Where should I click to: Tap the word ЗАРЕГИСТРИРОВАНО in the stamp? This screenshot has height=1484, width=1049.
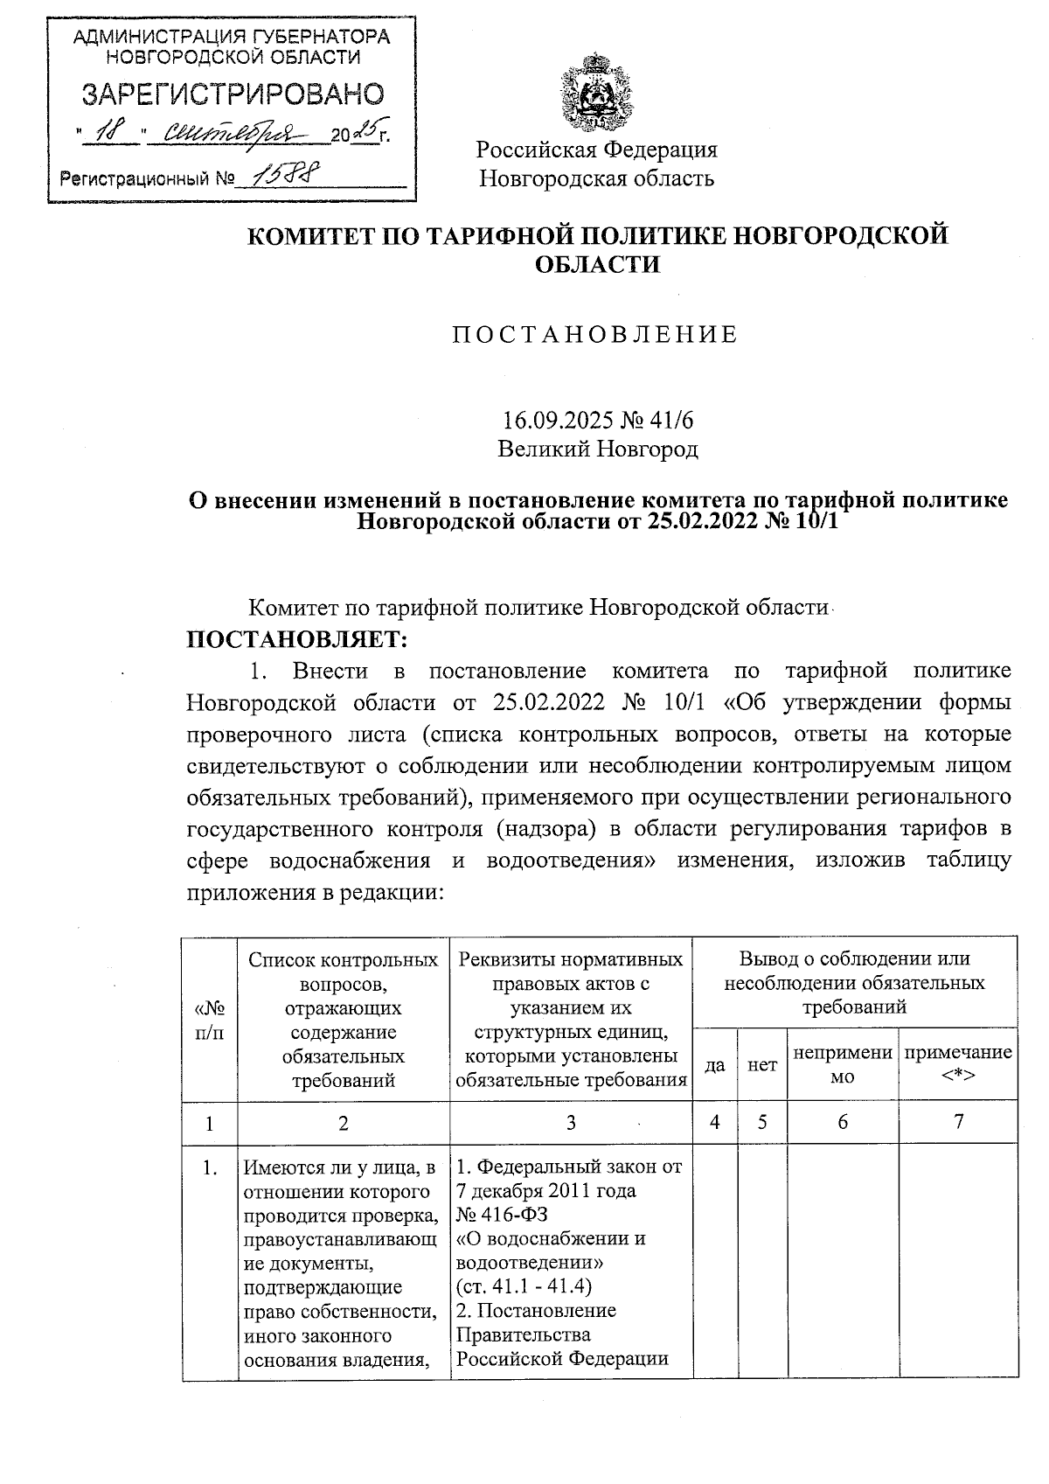pyautogui.click(x=233, y=94)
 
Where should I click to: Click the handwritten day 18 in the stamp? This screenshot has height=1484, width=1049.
pyautogui.click(x=110, y=133)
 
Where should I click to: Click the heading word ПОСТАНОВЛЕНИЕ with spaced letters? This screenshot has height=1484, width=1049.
pyautogui.click(x=595, y=335)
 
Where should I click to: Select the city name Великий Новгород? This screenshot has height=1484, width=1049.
pyautogui.click(x=598, y=449)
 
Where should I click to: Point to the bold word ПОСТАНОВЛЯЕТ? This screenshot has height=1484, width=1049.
pyautogui.click(x=297, y=639)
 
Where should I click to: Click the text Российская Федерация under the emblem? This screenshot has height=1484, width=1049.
pyautogui.click(x=596, y=150)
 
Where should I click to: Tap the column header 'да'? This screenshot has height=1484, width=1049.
pyautogui.click(x=715, y=1065)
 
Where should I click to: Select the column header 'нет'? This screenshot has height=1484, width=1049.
pyautogui.click(x=762, y=1065)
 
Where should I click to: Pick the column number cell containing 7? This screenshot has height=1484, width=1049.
pyautogui.click(x=958, y=1122)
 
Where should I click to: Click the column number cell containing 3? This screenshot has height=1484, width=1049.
pyautogui.click(x=571, y=1122)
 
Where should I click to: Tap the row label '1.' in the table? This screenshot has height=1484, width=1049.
pyautogui.click(x=210, y=1167)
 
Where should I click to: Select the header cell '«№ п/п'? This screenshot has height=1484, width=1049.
pyautogui.click(x=209, y=1020)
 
